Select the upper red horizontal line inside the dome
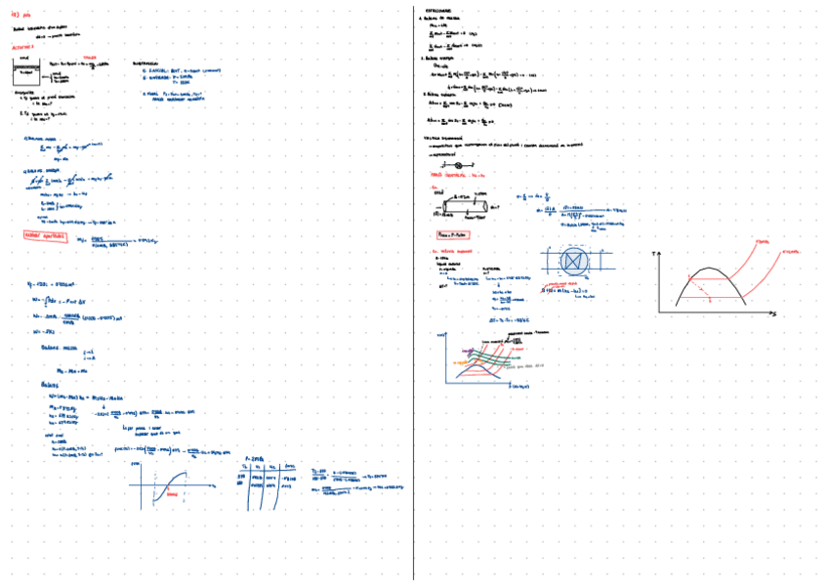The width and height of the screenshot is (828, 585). click(714, 277)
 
